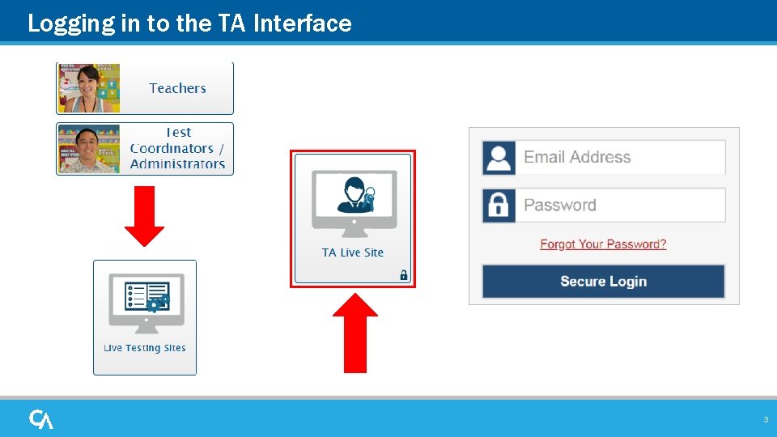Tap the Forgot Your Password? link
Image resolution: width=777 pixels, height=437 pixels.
[x=603, y=244]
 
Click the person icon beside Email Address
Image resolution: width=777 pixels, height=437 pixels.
[x=499, y=158]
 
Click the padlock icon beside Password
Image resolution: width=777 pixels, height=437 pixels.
[x=499, y=206]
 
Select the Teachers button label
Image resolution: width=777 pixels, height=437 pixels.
[x=177, y=88]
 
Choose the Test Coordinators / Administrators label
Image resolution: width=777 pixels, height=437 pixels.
[x=177, y=148]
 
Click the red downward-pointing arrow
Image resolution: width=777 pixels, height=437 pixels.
[x=144, y=215]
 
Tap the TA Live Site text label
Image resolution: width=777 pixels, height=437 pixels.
[x=353, y=252]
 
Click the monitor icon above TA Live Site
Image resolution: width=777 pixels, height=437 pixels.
[x=354, y=202]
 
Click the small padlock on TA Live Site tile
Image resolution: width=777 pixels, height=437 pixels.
[x=403, y=275]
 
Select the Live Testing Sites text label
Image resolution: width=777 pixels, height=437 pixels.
[x=145, y=348]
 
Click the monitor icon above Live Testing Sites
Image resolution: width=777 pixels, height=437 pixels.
[x=146, y=302]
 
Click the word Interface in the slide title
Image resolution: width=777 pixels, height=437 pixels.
[x=303, y=23]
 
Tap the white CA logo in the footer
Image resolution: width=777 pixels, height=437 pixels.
[x=41, y=419]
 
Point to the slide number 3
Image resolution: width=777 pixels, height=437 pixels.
[x=765, y=420]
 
